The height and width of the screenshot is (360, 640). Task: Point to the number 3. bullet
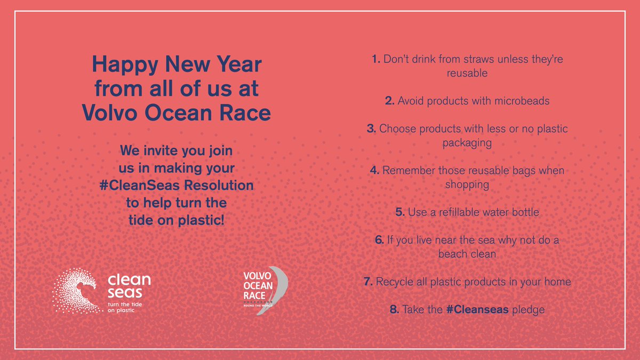(x=371, y=129)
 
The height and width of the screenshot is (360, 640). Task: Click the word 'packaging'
(x=467, y=143)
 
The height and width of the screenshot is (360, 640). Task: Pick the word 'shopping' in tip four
(x=467, y=184)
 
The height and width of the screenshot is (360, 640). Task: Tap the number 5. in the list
(x=401, y=212)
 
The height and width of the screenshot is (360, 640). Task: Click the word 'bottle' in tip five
(x=524, y=212)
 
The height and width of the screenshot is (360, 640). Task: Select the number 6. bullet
(x=379, y=240)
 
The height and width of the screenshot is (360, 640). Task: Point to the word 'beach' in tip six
(x=452, y=254)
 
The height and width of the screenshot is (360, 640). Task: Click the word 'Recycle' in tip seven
(x=395, y=281)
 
